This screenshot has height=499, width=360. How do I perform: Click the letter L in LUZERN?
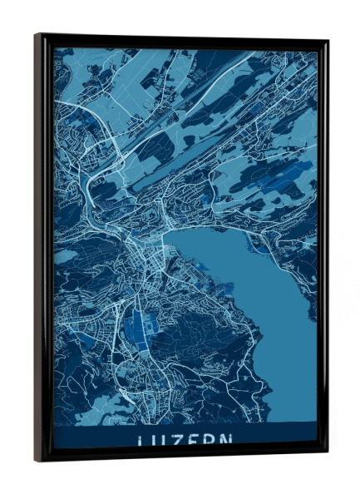140,440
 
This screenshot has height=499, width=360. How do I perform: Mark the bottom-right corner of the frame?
325,450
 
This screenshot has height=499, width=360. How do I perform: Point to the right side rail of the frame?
323,249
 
